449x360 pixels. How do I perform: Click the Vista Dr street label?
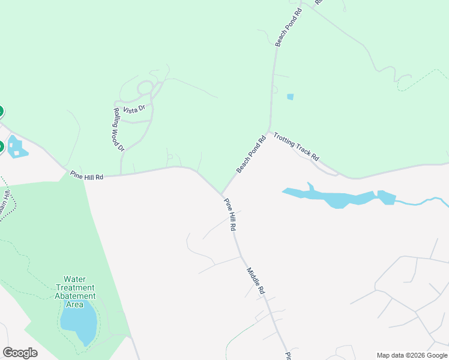click(134, 109)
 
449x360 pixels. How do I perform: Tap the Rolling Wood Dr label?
click(118, 130)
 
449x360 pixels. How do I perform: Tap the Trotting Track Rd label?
click(296, 147)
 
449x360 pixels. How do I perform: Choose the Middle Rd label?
click(256, 280)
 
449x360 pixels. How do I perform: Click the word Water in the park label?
click(75, 279)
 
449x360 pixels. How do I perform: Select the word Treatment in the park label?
click(75, 287)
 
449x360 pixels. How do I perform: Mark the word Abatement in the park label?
click(75, 296)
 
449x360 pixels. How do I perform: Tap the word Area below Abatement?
click(75, 304)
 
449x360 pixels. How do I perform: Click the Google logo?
click(20, 353)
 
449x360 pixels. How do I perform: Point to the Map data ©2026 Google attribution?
click(412, 355)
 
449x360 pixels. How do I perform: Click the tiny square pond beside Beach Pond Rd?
click(291, 97)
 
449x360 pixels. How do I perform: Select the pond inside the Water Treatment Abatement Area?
click(79, 323)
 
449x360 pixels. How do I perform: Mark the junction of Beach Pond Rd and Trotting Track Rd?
click(270, 131)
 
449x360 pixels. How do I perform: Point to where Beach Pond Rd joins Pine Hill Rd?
click(222, 194)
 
